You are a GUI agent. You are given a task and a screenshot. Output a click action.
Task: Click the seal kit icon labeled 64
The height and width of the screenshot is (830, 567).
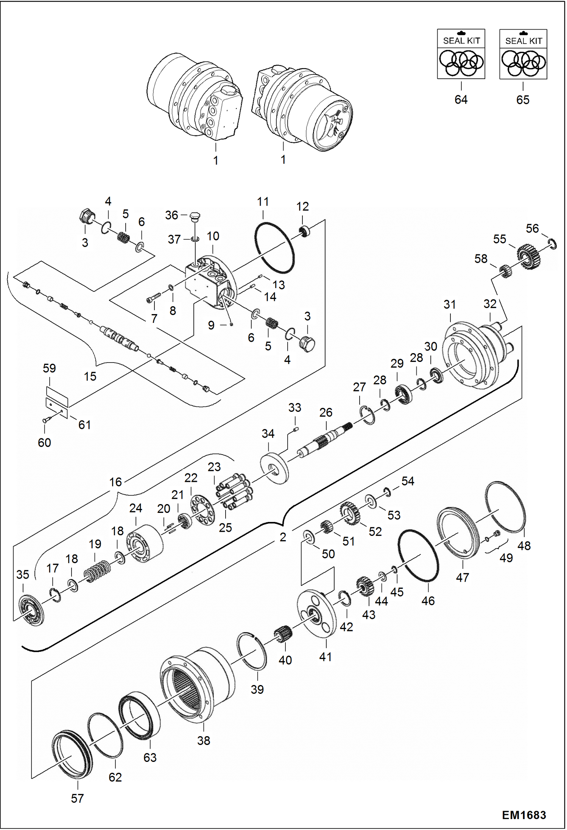[x=461, y=54]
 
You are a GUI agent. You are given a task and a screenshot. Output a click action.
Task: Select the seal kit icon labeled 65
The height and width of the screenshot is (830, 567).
[x=523, y=54]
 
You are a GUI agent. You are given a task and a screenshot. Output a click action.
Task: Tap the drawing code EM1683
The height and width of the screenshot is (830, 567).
[x=524, y=815]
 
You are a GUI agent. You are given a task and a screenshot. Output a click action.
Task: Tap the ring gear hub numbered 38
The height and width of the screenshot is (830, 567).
[x=197, y=685]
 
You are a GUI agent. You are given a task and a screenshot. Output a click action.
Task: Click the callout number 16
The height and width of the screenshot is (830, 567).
[x=115, y=482]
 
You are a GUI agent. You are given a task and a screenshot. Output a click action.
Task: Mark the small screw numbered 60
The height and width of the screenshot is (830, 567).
[x=46, y=419]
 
